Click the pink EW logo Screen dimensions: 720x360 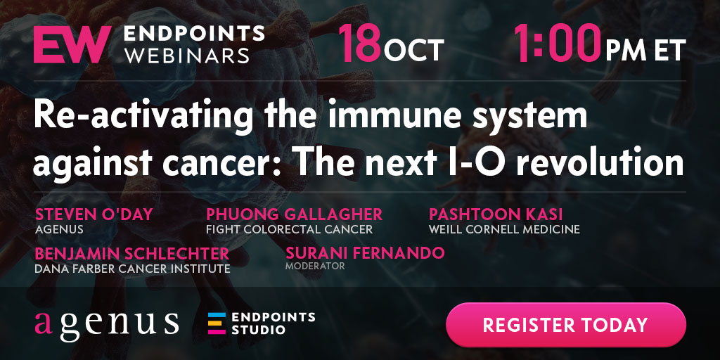tap(72, 44)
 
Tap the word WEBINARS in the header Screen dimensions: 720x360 tap(187, 55)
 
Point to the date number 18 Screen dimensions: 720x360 tap(361, 44)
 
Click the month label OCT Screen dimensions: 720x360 tap(414, 50)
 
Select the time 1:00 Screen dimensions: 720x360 tap(557, 44)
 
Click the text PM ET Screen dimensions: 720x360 tap(645, 50)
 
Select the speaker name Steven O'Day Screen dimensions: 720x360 tap(94, 214)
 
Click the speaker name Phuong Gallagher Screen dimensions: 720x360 tap(295, 214)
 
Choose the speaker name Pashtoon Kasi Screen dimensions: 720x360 tap(496, 214)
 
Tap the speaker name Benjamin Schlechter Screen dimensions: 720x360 tap(131, 253)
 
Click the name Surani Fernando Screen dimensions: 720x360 tap(365, 253)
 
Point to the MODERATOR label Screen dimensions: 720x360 tap(315, 266)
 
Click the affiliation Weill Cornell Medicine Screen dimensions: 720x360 tap(504, 229)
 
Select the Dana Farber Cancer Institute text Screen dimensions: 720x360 tap(132, 269)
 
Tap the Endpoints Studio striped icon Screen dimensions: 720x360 tap(217, 323)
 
